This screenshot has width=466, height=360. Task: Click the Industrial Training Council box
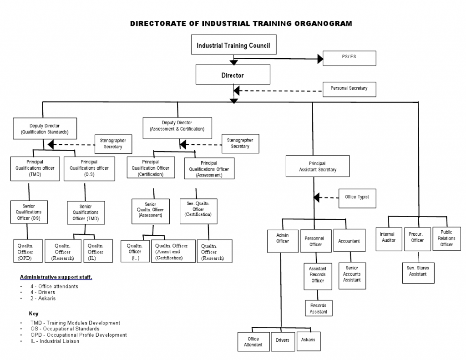coord(233,46)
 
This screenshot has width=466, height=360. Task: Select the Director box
coord(233,75)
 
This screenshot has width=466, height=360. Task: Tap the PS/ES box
coord(349,58)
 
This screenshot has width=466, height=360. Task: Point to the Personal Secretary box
coord(349,89)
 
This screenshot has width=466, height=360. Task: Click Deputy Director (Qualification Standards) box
coord(44,129)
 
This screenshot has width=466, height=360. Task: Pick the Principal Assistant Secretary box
coord(318,167)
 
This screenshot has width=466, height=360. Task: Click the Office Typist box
coord(357,198)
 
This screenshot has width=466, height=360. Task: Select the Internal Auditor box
coord(389,238)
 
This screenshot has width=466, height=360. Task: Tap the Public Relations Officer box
coord(446,238)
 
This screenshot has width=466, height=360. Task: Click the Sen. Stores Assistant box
coord(417,271)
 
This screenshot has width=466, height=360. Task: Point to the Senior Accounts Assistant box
coord(352,274)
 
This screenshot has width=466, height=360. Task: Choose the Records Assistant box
coord(318,309)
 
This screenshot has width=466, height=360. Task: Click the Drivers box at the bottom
coord(283,341)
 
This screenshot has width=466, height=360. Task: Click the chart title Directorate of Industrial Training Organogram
coord(241,24)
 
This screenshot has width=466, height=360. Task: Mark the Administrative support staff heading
coord(56,277)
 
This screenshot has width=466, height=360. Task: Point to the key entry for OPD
coord(78,335)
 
